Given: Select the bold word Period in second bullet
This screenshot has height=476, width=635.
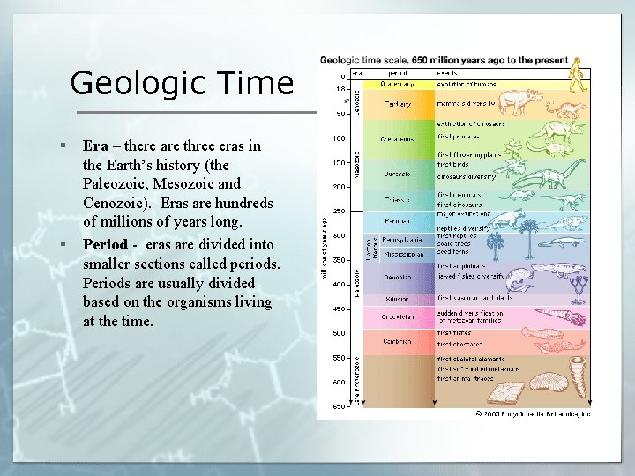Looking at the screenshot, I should [x=105, y=244].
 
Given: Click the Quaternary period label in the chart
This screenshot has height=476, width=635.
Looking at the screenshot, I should [x=397, y=84].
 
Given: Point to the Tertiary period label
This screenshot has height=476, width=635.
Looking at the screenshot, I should [x=397, y=104].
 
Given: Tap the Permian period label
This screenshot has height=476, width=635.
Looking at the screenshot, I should [x=397, y=220].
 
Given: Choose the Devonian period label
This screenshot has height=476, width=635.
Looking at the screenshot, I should [x=397, y=276].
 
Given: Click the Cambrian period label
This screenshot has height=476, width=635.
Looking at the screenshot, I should [x=397, y=341].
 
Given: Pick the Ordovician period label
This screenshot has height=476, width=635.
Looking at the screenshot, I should [x=397, y=316].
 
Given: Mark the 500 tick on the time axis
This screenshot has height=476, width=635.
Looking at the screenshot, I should [x=338, y=333].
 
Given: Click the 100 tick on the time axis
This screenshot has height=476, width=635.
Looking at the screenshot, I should [x=338, y=138].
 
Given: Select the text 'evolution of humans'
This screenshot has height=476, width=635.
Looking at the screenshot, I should [x=467, y=84].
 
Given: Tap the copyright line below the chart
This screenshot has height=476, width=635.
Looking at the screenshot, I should [x=533, y=412].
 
